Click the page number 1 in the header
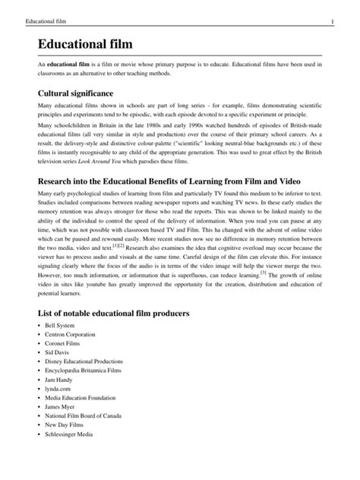pos(333,8)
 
